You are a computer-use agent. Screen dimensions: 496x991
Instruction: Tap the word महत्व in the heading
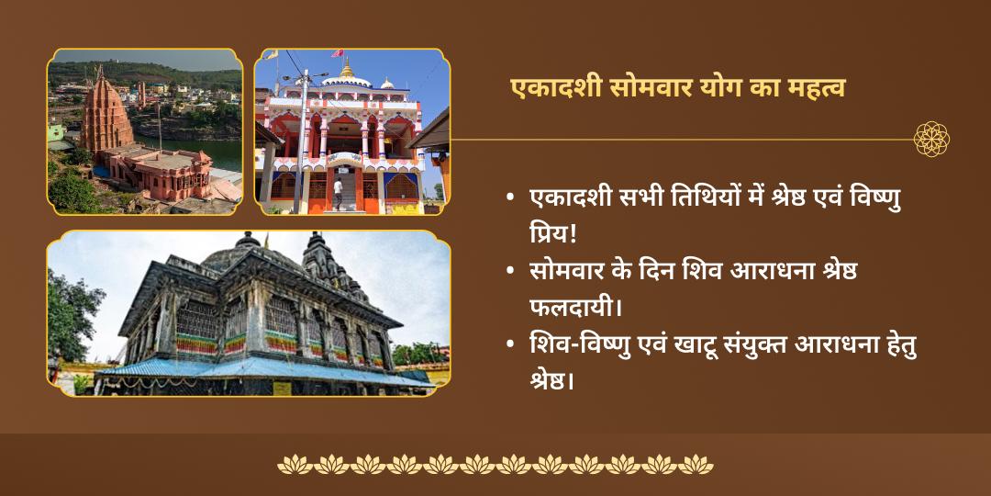pos(811,88)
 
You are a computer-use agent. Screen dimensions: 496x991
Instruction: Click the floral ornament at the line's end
pos(931,140)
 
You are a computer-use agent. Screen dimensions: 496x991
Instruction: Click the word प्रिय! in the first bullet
pos(552,231)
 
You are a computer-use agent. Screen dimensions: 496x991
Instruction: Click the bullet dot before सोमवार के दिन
pos(509,273)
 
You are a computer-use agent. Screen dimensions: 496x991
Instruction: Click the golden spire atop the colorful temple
pos(347,69)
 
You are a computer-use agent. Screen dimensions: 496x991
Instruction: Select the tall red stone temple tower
pos(105,115)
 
